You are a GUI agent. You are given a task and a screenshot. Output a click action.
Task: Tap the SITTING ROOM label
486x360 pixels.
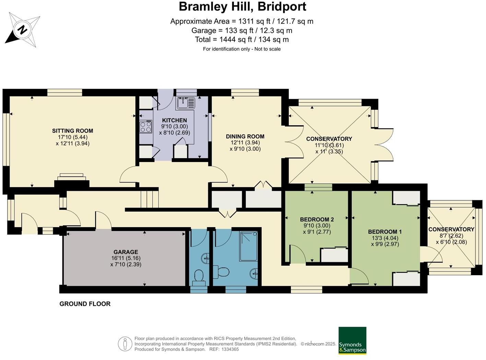[x=72, y=131]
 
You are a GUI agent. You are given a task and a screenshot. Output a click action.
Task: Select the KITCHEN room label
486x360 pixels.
[x=174, y=120]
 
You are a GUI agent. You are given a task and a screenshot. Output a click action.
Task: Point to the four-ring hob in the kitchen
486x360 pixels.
[x=146, y=127]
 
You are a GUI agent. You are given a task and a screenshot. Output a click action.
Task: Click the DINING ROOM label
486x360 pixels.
[x=245, y=137]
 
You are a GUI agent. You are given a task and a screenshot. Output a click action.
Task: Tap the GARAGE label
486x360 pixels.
[x=126, y=252]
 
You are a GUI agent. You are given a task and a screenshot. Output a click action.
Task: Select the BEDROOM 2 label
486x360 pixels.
[x=317, y=220]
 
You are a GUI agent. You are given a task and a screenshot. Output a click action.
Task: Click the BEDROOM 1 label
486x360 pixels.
[x=384, y=232]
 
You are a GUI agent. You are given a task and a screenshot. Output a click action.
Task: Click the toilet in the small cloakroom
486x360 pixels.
[x=199, y=276]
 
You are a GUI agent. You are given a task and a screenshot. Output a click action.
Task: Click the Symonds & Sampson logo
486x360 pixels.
[x=352, y=340]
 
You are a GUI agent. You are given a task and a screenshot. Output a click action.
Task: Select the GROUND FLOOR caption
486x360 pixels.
[x=85, y=304]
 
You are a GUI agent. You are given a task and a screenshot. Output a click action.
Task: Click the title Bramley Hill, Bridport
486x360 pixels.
[x=242, y=7]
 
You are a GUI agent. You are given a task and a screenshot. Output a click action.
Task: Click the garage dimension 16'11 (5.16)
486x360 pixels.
[x=126, y=258]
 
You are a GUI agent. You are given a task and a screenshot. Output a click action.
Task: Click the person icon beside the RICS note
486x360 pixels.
[x=125, y=344]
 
